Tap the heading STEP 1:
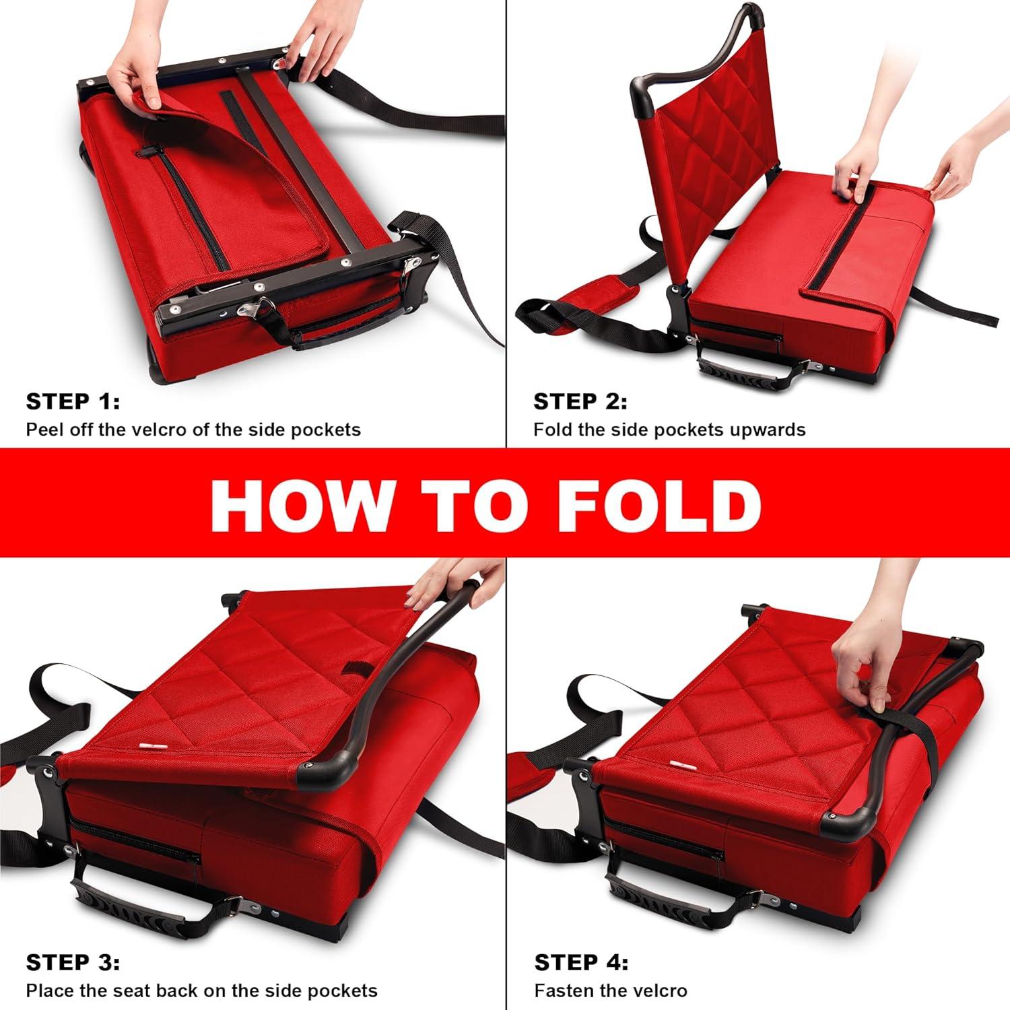click(x=73, y=402)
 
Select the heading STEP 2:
click(x=580, y=402)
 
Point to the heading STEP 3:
click(x=73, y=963)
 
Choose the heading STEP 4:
click(x=581, y=963)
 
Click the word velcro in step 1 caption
click(x=161, y=430)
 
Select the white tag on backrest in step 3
click(x=151, y=745)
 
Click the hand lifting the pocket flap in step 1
click(x=138, y=74)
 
